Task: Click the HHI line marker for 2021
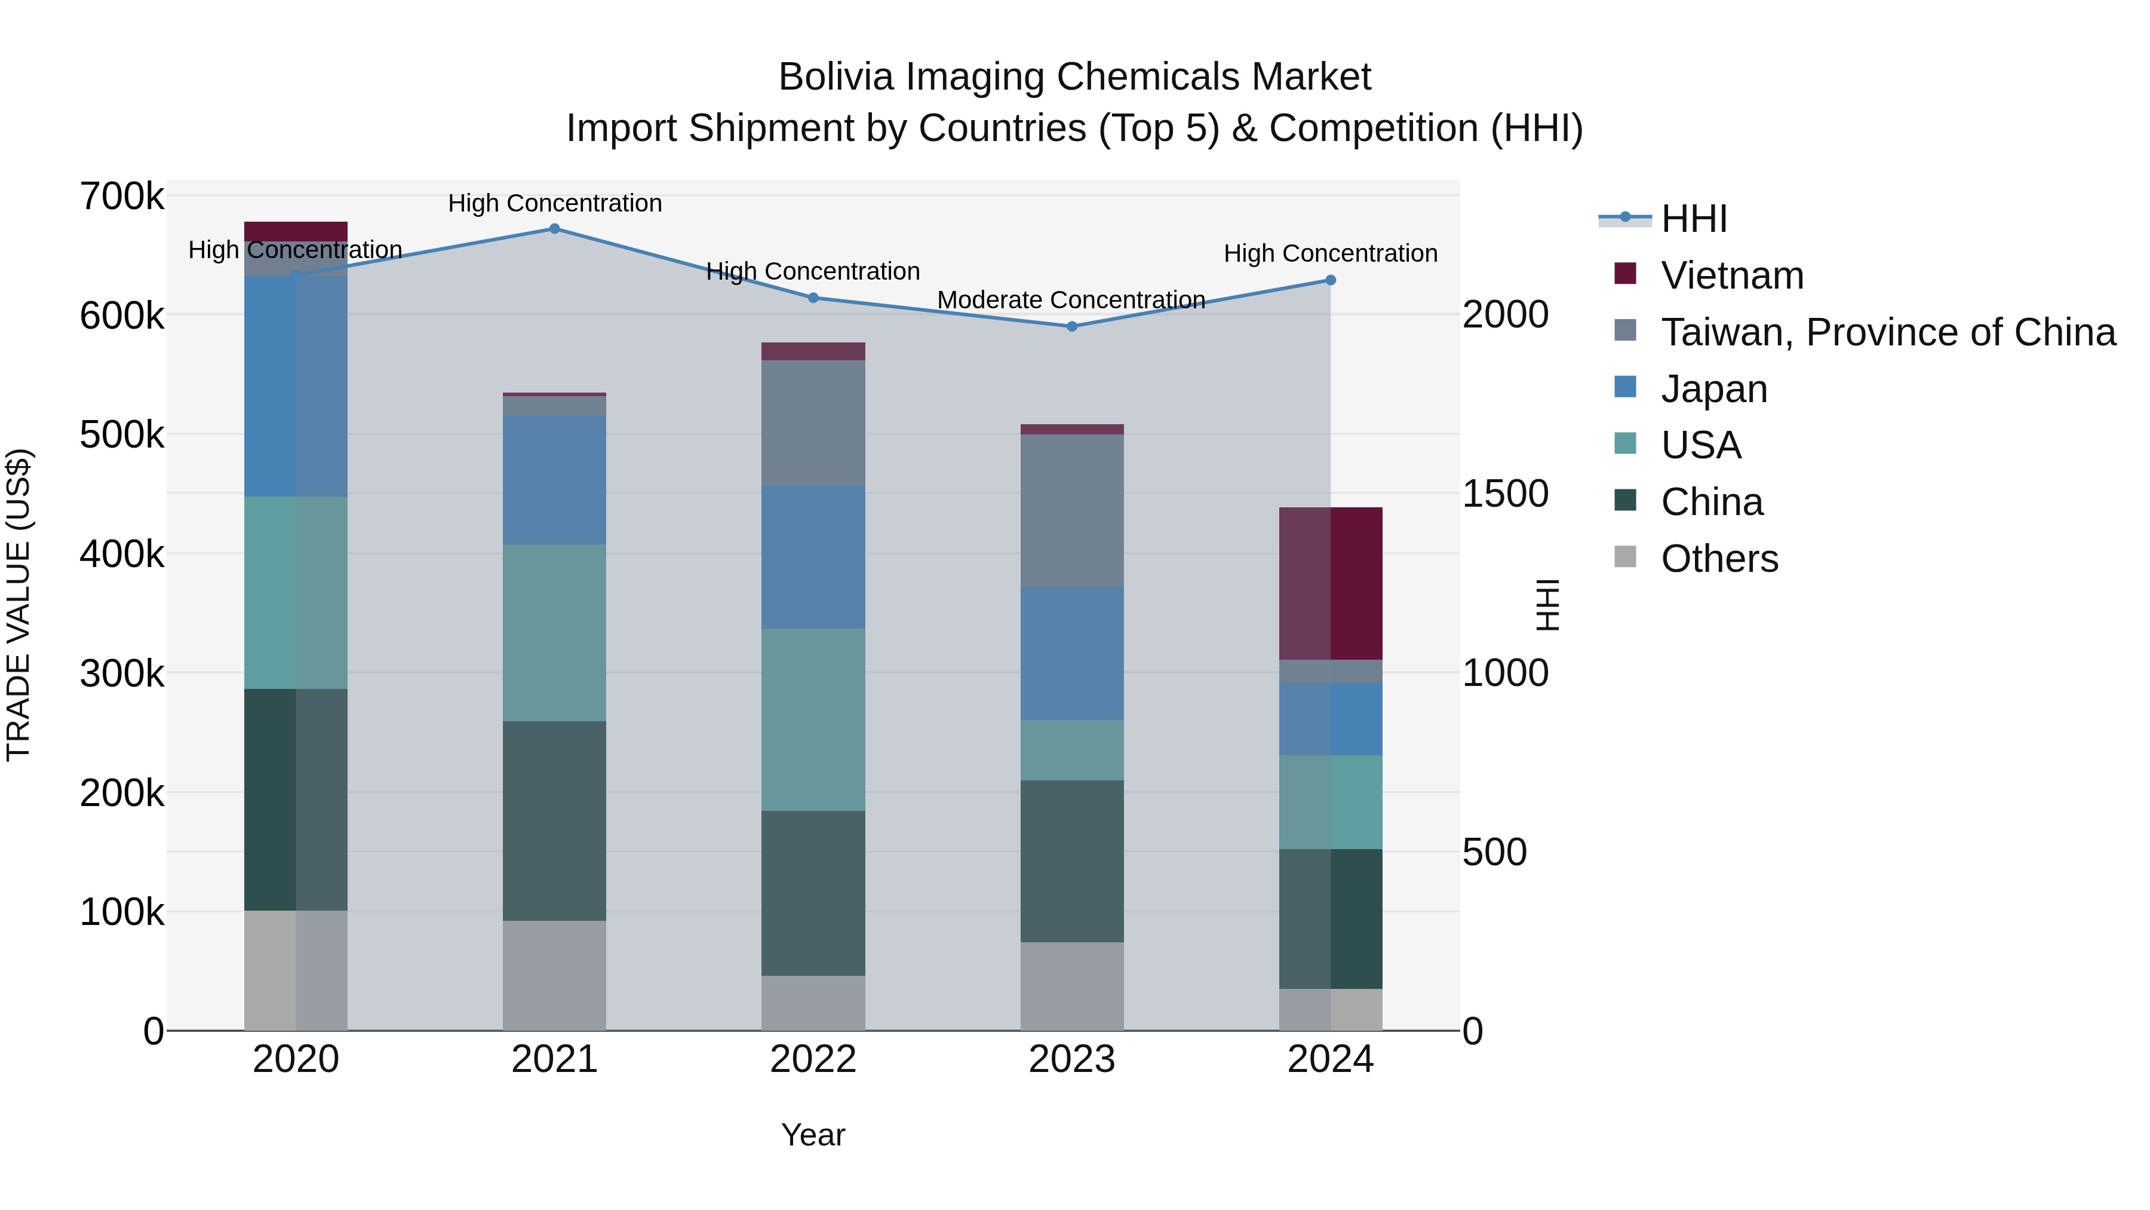point(554,229)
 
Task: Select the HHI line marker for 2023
point(1071,326)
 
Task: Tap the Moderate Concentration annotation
point(1071,300)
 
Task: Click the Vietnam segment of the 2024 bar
point(1331,584)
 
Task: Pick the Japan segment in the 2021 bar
point(554,480)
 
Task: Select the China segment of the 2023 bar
point(1071,861)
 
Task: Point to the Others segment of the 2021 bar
point(554,975)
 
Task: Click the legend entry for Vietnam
point(1732,275)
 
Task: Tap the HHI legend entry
point(1694,219)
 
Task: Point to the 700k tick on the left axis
point(122,197)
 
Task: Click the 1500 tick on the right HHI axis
point(1505,494)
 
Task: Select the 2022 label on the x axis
point(813,1059)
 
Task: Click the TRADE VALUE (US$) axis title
point(19,605)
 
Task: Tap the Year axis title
point(813,1135)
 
